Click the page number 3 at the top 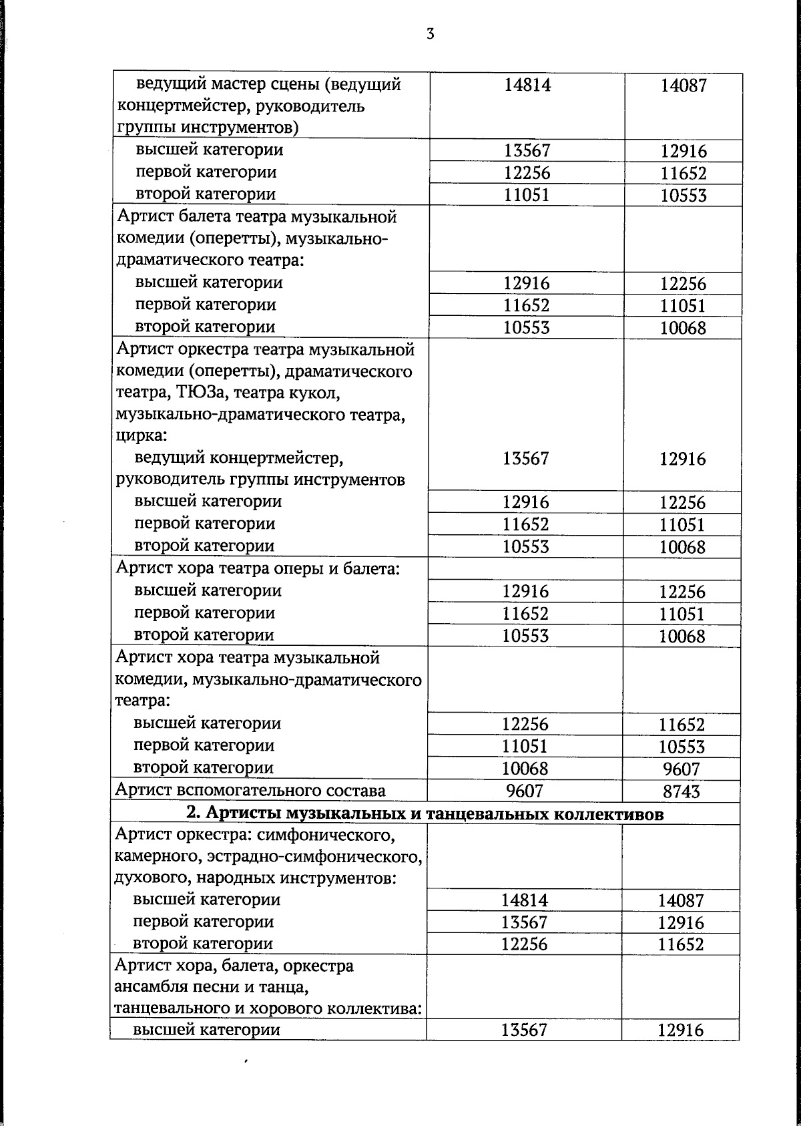(430, 34)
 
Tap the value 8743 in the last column (682, 791)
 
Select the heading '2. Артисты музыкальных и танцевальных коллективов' (425, 814)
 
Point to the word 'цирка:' (141, 436)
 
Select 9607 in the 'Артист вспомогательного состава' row (525, 791)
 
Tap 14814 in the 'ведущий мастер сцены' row (527, 85)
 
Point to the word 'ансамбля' (148, 986)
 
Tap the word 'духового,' (150, 878)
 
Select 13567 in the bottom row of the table (524, 1030)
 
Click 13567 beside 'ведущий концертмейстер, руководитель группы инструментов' (526, 458)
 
